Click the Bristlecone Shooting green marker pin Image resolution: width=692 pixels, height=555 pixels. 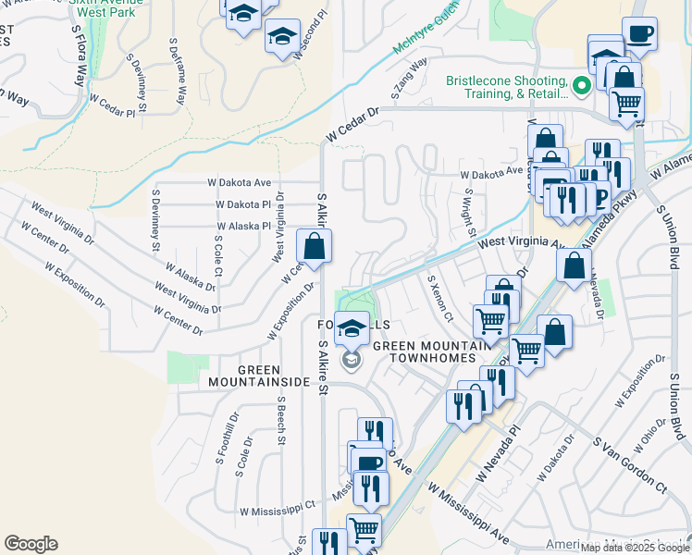pyautogui.click(x=582, y=87)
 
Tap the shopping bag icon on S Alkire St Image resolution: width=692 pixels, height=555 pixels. pyautogui.click(x=314, y=246)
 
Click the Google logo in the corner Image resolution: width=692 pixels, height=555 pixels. pyautogui.click(x=31, y=544)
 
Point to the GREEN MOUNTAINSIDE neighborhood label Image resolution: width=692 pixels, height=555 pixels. pyautogui.click(x=258, y=375)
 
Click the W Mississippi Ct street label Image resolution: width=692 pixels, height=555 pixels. pyautogui.click(x=278, y=510)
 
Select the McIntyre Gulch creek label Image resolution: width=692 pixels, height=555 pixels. pyautogui.click(x=425, y=36)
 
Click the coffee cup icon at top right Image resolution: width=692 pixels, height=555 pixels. pyautogui.click(x=640, y=35)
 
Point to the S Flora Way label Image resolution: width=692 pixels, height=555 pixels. pyautogui.click(x=84, y=55)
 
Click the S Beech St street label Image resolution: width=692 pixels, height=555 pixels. pyautogui.click(x=281, y=422)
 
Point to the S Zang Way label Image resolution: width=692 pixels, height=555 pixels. pyautogui.click(x=409, y=79)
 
